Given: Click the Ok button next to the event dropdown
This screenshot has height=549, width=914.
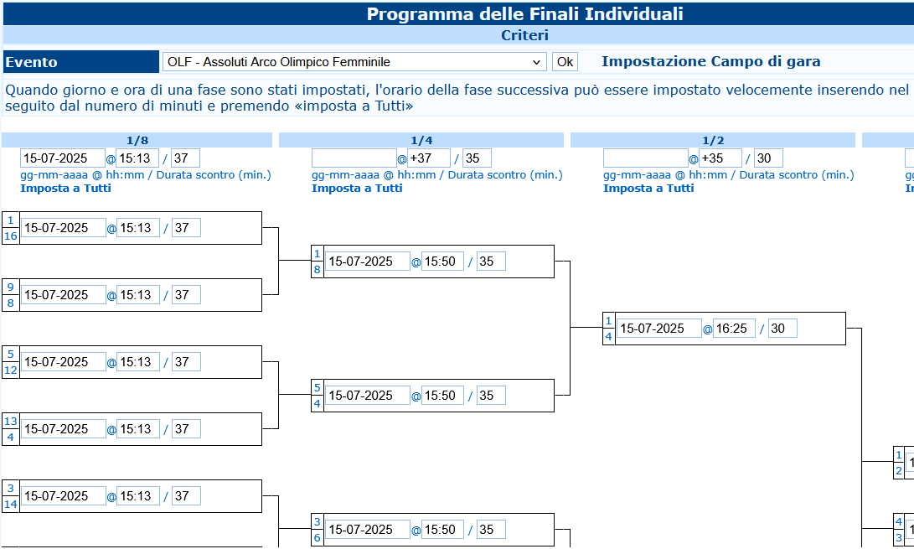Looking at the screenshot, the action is (565, 62).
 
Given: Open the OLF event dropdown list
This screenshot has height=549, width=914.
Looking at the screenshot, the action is (354, 62).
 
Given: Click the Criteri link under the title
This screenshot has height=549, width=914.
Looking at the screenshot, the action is (524, 35).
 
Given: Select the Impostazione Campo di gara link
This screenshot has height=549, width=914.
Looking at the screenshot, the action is (710, 61).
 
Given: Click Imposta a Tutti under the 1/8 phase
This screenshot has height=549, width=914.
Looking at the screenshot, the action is (65, 188).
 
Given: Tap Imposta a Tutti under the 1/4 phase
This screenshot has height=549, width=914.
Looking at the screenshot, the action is (357, 188).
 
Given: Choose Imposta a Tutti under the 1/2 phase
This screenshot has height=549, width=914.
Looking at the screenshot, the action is (648, 188).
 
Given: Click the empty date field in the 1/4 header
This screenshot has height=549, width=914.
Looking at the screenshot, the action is (354, 158).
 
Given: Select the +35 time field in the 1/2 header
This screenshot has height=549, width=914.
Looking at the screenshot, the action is (720, 158).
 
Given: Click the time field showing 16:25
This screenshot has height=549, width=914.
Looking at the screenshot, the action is (734, 329).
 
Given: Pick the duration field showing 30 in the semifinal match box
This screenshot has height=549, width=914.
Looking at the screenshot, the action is (782, 329).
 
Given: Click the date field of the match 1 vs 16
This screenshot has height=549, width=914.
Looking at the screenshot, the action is (64, 228).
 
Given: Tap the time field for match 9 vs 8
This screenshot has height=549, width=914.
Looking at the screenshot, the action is (138, 295).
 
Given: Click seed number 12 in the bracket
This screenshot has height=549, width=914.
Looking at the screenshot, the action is (11, 370).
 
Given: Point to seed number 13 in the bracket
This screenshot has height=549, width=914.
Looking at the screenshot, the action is (11, 422).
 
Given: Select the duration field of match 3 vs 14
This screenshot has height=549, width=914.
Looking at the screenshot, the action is (186, 496).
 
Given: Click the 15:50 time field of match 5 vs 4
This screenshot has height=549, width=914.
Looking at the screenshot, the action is (442, 396).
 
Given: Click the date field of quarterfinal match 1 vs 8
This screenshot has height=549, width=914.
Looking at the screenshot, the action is (368, 262).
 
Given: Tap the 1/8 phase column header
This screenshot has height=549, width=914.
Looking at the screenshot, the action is (137, 140).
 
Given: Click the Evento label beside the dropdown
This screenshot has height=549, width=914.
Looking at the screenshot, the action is (32, 62).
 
